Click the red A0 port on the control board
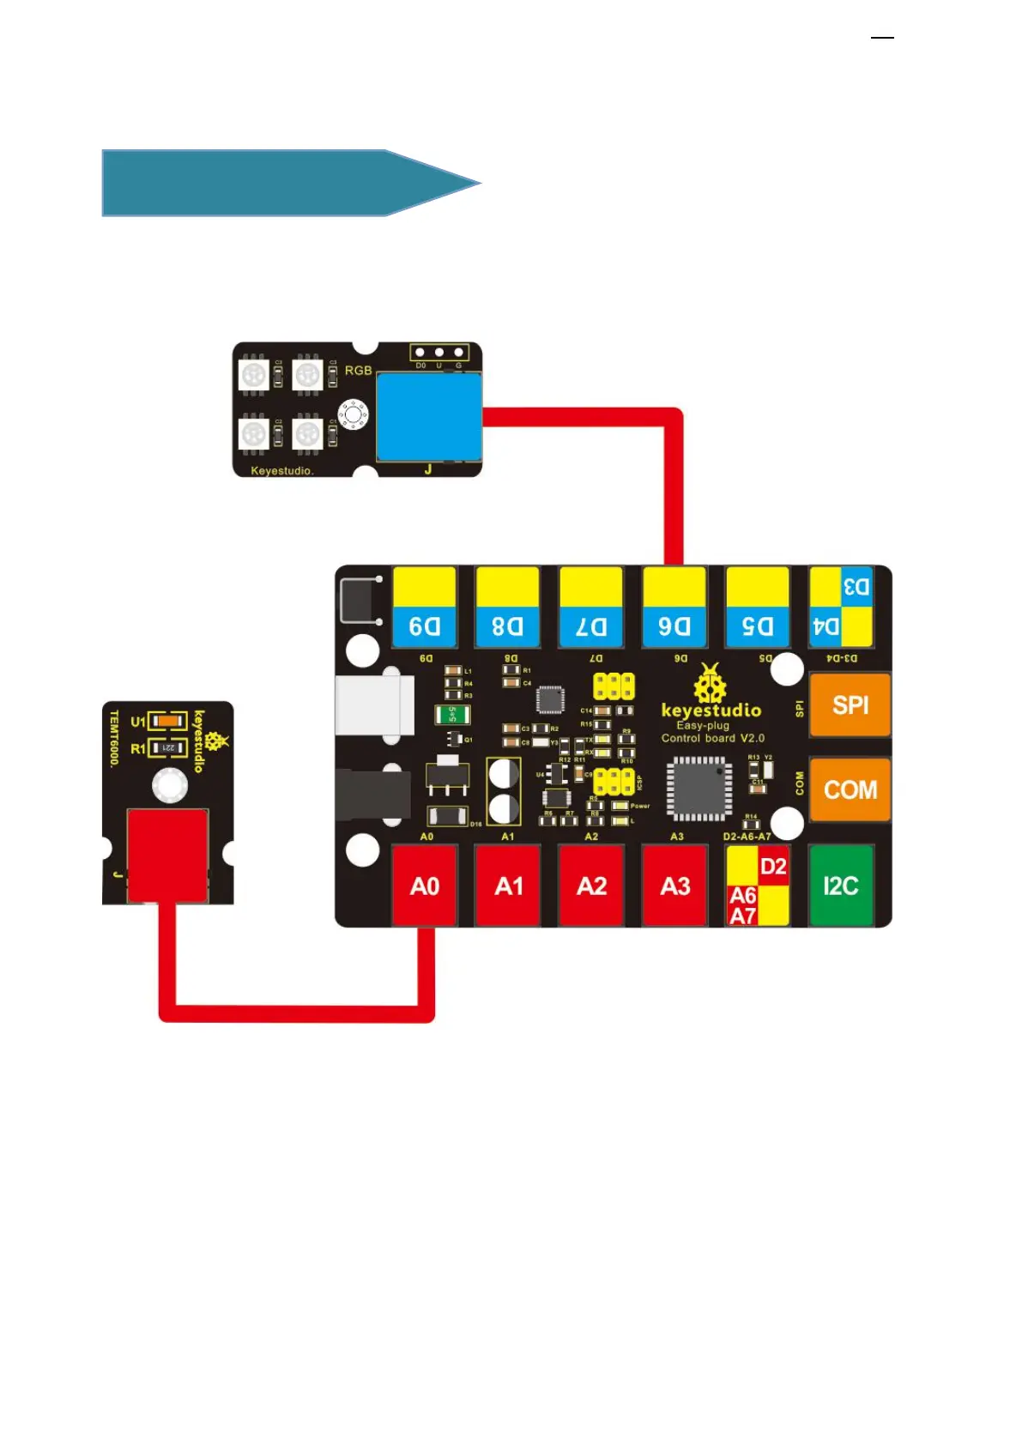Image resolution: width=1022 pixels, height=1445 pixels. [425, 886]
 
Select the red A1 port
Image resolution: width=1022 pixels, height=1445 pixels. [508, 886]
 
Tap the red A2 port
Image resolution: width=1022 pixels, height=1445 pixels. [591, 886]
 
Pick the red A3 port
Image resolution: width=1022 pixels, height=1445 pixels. [674, 886]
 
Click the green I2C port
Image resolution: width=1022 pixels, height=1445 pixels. [841, 886]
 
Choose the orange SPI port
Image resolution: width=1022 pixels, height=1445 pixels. [850, 705]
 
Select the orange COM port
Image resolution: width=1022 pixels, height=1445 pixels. [850, 789]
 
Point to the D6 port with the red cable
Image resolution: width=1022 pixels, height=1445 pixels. [674, 607]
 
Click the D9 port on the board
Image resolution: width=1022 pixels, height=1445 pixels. [424, 607]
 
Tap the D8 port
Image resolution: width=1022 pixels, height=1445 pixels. [507, 607]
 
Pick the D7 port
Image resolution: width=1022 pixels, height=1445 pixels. [590, 607]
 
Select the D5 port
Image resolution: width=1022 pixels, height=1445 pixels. [757, 607]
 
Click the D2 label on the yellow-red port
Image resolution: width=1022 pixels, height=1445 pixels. [773, 867]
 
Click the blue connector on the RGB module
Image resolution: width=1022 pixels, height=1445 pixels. [428, 418]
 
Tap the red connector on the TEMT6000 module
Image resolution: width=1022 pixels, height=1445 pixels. [167, 856]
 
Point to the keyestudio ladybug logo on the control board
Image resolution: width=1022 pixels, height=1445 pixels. [710, 684]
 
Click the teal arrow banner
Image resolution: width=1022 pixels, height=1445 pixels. [283, 183]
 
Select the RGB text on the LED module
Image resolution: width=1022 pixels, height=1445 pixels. [358, 371]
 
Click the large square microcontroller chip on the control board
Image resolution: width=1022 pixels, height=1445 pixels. [699, 788]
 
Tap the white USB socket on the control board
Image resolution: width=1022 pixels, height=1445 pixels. [375, 705]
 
